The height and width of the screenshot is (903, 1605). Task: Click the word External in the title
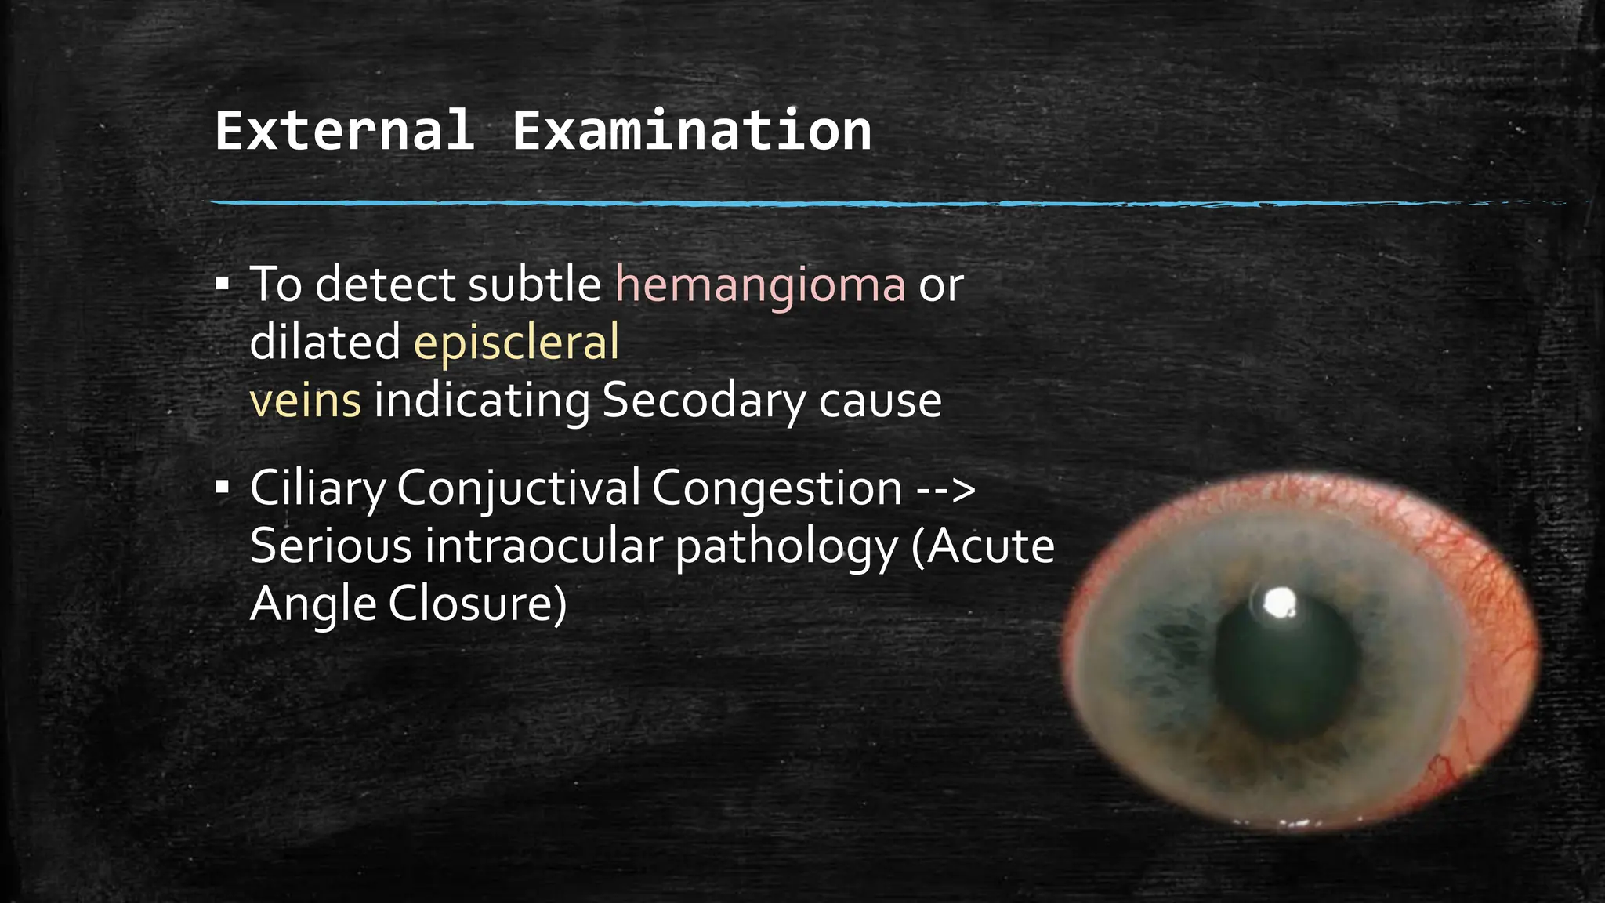[345, 130]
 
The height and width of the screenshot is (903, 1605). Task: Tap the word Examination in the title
[691, 130]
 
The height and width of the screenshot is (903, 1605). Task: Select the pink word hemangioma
[760, 284]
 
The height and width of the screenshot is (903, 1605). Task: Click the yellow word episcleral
[516, 343]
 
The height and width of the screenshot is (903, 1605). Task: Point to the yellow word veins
[305, 401]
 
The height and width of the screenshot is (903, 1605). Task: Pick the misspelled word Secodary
[703, 401]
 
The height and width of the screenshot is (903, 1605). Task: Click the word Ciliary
[317, 488]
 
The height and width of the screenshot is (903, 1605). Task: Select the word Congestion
[776, 488]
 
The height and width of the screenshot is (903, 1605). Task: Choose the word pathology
[786, 546]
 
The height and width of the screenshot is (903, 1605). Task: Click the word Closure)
[476, 604]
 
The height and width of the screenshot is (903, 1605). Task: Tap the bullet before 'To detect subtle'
[223, 284]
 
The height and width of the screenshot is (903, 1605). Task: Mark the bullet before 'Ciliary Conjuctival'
[223, 488]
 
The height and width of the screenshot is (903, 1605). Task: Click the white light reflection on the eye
[1280, 602]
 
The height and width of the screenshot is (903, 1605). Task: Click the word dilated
[325, 343]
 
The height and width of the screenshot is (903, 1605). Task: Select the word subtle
[534, 284]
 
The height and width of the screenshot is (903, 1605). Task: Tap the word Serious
[331, 546]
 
